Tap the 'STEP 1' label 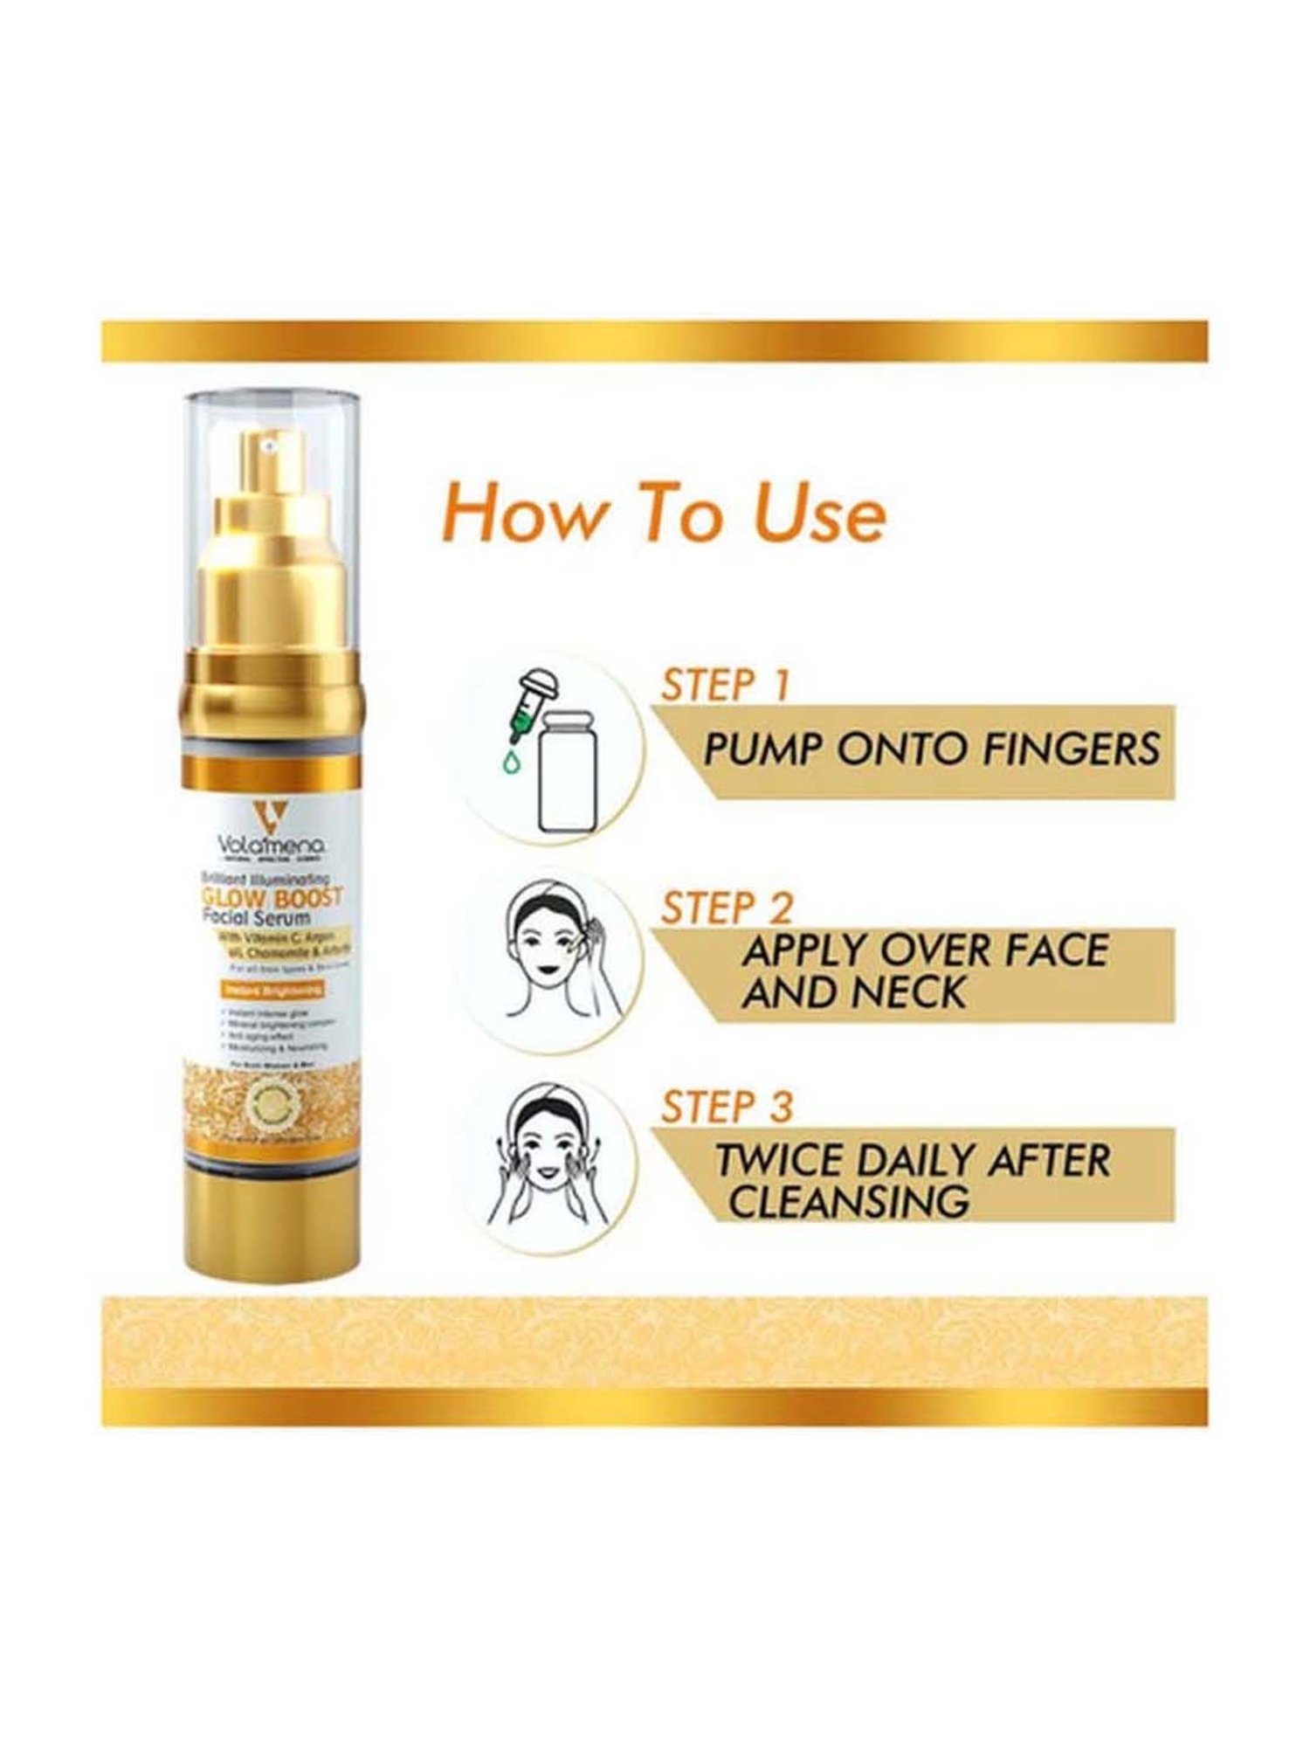click(725, 685)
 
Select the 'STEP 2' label click(727, 908)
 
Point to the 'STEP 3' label click(727, 1107)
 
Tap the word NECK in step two click(911, 993)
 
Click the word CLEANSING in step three click(849, 1201)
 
